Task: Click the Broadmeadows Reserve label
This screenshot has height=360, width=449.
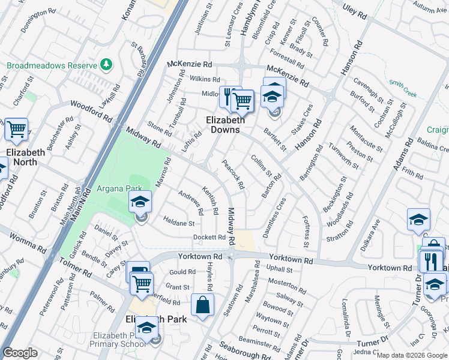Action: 52,65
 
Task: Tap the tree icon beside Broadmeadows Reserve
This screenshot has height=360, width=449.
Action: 106,64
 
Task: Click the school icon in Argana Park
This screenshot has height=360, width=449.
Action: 140,203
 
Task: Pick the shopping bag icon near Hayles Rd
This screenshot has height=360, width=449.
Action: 203,305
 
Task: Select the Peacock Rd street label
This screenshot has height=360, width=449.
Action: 233,175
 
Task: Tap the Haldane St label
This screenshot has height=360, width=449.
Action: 179,223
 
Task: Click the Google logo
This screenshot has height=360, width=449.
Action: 20,353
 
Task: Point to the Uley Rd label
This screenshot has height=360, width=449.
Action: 354,11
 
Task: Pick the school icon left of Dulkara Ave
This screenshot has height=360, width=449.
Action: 418,220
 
